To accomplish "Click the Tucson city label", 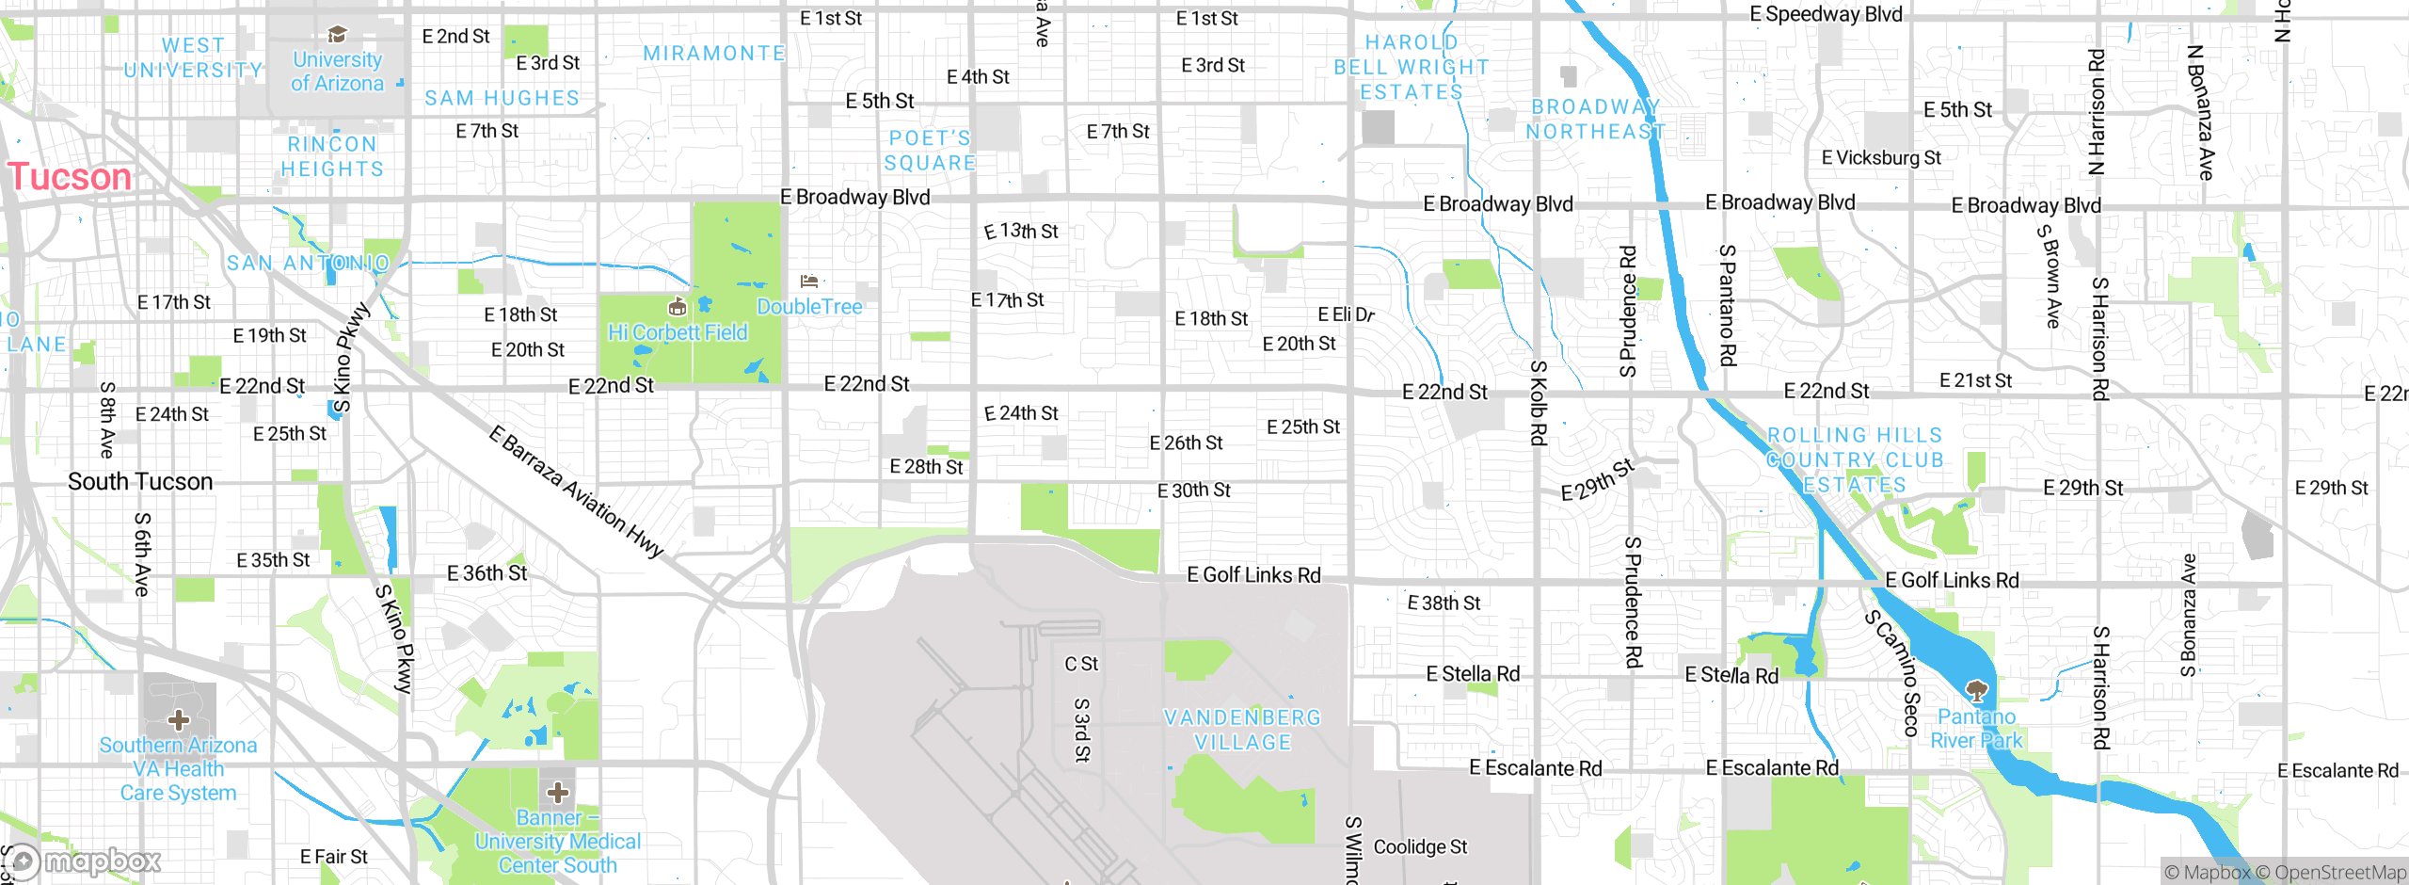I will point(70,177).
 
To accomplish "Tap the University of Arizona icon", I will point(337,35).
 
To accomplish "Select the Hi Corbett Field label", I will point(678,332).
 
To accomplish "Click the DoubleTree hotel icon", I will point(809,281).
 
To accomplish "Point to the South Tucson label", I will point(140,481).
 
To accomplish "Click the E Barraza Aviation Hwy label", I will point(577,492).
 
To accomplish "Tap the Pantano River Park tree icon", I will point(1977,692).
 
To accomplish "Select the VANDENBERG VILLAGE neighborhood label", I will point(1242,730).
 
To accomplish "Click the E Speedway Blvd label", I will point(1826,14).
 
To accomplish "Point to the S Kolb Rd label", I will point(1539,403).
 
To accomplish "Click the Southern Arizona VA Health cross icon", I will point(179,721).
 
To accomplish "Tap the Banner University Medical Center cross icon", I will point(558,792).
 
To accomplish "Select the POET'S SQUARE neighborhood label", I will point(930,151).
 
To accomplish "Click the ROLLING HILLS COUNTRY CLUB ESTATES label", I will point(1855,459).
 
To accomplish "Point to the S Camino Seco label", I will point(1893,672).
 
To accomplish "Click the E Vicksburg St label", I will point(1881,157).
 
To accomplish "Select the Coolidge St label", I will point(1420,846).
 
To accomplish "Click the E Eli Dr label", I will point(1346,314).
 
